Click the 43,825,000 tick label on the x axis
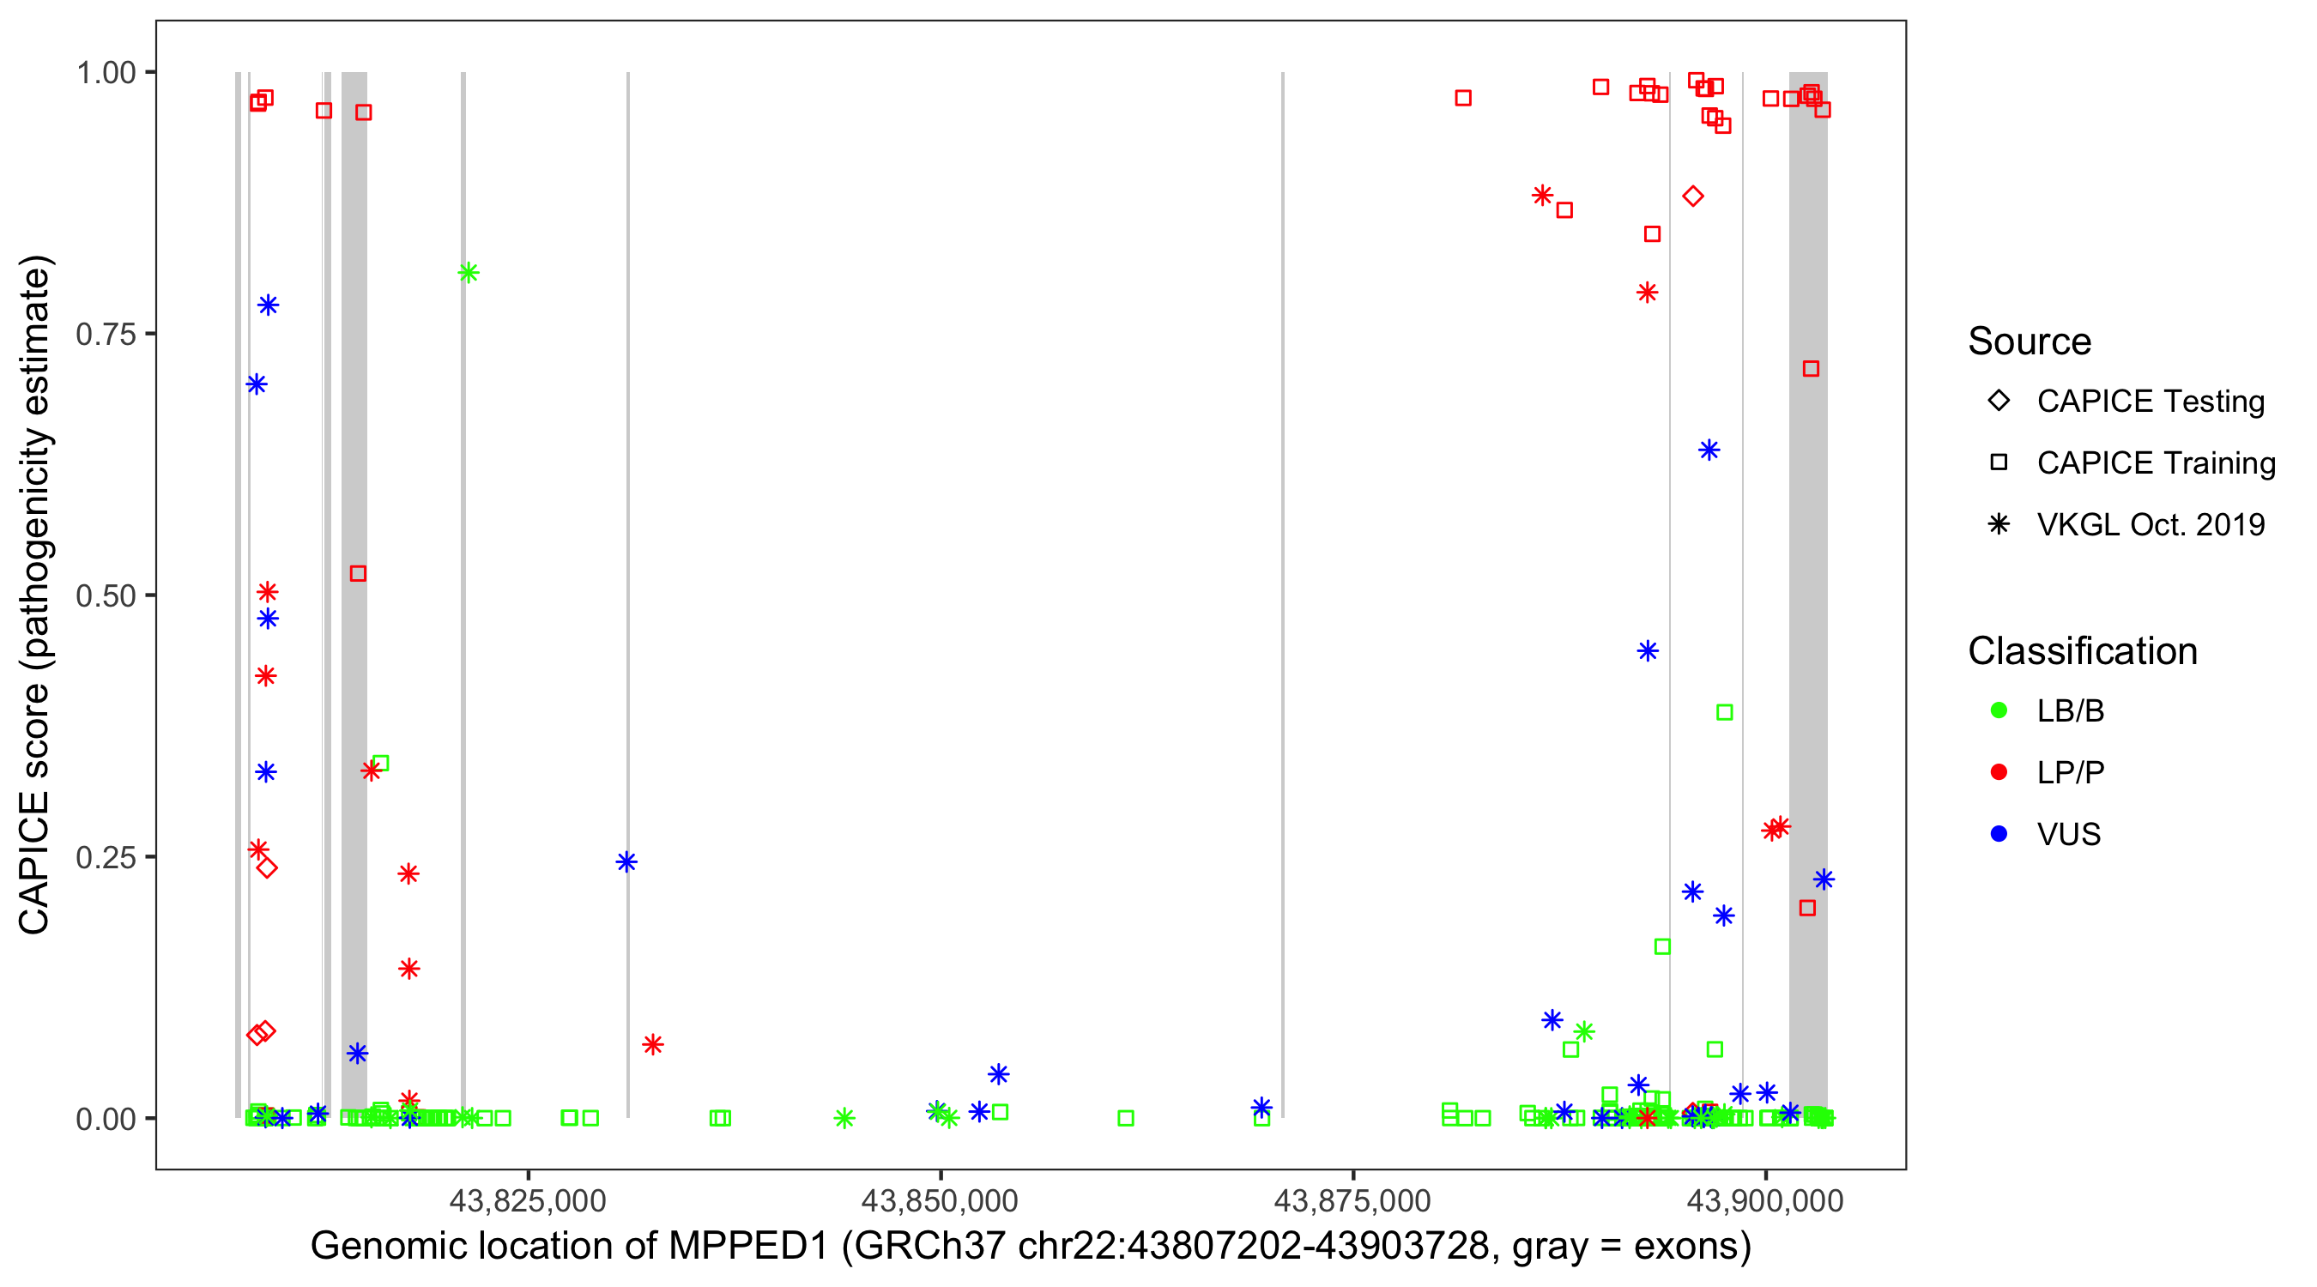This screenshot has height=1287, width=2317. [x=528, y=1200]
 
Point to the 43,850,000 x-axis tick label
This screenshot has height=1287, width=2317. [x=940, y=1200]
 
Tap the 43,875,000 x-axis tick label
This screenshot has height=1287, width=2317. [x=1352, y=1200]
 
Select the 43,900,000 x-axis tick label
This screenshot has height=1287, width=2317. [x=1765, y=1200]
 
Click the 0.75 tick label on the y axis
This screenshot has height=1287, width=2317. [x=105, y=335]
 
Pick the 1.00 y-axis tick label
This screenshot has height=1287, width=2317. [x=105, y=73]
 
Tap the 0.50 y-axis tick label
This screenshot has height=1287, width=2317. [x=105, y=596]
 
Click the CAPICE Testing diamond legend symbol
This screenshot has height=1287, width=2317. [x=1999, y=400]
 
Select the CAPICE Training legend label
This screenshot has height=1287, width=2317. [x=2156, y=463]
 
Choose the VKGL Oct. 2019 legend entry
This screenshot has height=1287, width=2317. [x=2151, y=524]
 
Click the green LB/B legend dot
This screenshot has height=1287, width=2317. [x=1999, y=710]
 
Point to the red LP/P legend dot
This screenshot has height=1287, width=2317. [x=1999, y=772]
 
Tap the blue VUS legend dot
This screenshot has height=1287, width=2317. [x=1999, y=834]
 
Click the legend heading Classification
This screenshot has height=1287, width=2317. [x=2082, y=651]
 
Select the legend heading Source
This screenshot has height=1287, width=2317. [x=2030, y=341]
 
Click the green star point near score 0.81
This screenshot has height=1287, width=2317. [x=468, y=273]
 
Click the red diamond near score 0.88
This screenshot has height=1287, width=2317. [x=1693, y=196]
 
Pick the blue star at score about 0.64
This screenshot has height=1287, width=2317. [x=1709, y=450]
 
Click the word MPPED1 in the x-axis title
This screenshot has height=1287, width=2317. [x=747, y=1247]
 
